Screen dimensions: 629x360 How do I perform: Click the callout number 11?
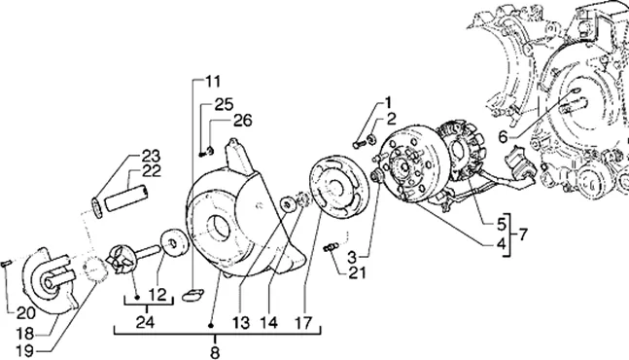[213, 82]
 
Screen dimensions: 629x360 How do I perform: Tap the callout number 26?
[243, 121]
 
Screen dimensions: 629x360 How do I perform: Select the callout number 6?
[503, 137]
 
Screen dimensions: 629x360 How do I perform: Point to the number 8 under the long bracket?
[215, 352]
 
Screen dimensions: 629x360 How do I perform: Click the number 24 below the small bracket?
[145, 322]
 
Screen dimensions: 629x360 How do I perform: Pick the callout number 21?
[357, 272]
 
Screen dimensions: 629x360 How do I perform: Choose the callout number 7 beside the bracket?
[523, 234]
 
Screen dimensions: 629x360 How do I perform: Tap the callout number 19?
[24, 351]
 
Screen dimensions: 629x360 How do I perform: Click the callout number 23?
[151, 156]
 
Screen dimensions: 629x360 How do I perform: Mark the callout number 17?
[304, 322]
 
